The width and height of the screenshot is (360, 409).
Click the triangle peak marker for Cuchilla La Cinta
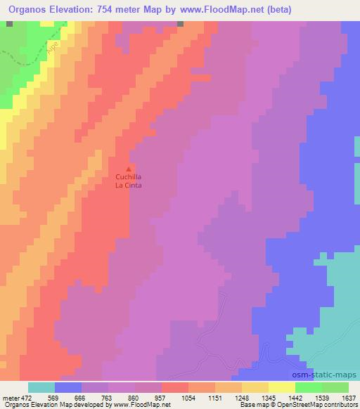(127, 169)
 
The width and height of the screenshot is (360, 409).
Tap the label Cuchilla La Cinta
(127, 182)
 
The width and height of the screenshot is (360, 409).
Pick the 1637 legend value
(349, 398)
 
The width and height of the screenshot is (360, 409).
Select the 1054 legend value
(188, 398)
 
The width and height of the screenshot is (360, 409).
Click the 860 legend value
(135, 398)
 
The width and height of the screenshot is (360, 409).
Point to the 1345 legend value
(269, 398)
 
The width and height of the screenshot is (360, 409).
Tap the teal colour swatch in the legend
(41, 388)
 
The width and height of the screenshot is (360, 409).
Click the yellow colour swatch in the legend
(282, 388)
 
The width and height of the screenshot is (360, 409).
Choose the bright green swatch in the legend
(309, 388)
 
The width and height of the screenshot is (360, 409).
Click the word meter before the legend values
(10, 398)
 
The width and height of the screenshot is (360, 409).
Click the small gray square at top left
(8, 23)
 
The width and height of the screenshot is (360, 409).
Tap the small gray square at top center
(181, 23)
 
